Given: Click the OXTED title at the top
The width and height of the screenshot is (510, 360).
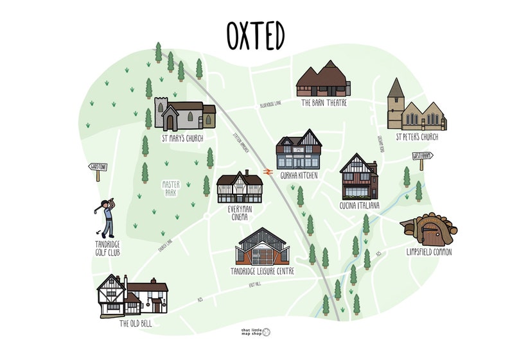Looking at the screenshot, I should pyautogui.click(x=255, y=36).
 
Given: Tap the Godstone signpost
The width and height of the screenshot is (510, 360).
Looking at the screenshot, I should pyautogui.click(x=97, y=168).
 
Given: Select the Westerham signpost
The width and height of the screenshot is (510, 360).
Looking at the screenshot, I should pyautogui.click(x=421, y=156).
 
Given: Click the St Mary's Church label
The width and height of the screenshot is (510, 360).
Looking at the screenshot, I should pyautogui.click(x=183, y=137).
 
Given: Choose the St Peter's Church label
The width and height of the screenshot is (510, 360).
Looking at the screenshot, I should pyautogui.click(x=417, y=136).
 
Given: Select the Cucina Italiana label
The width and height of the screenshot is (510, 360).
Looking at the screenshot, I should pyautogui.click(x=360, y=205).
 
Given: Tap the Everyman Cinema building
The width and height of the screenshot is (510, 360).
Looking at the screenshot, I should pyautogui.click(x=240, y=187).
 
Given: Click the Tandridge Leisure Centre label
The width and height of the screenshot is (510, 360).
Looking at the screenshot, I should pyautogui.click(x=262, y=271).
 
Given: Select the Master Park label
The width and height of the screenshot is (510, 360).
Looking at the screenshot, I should pyautogui.click(x=170, y=187).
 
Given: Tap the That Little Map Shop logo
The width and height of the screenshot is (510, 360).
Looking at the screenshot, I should pyautogui.click(x=255, y=332).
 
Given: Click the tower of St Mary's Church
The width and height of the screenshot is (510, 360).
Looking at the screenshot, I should pyautogui.click(x=161, y=113).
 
